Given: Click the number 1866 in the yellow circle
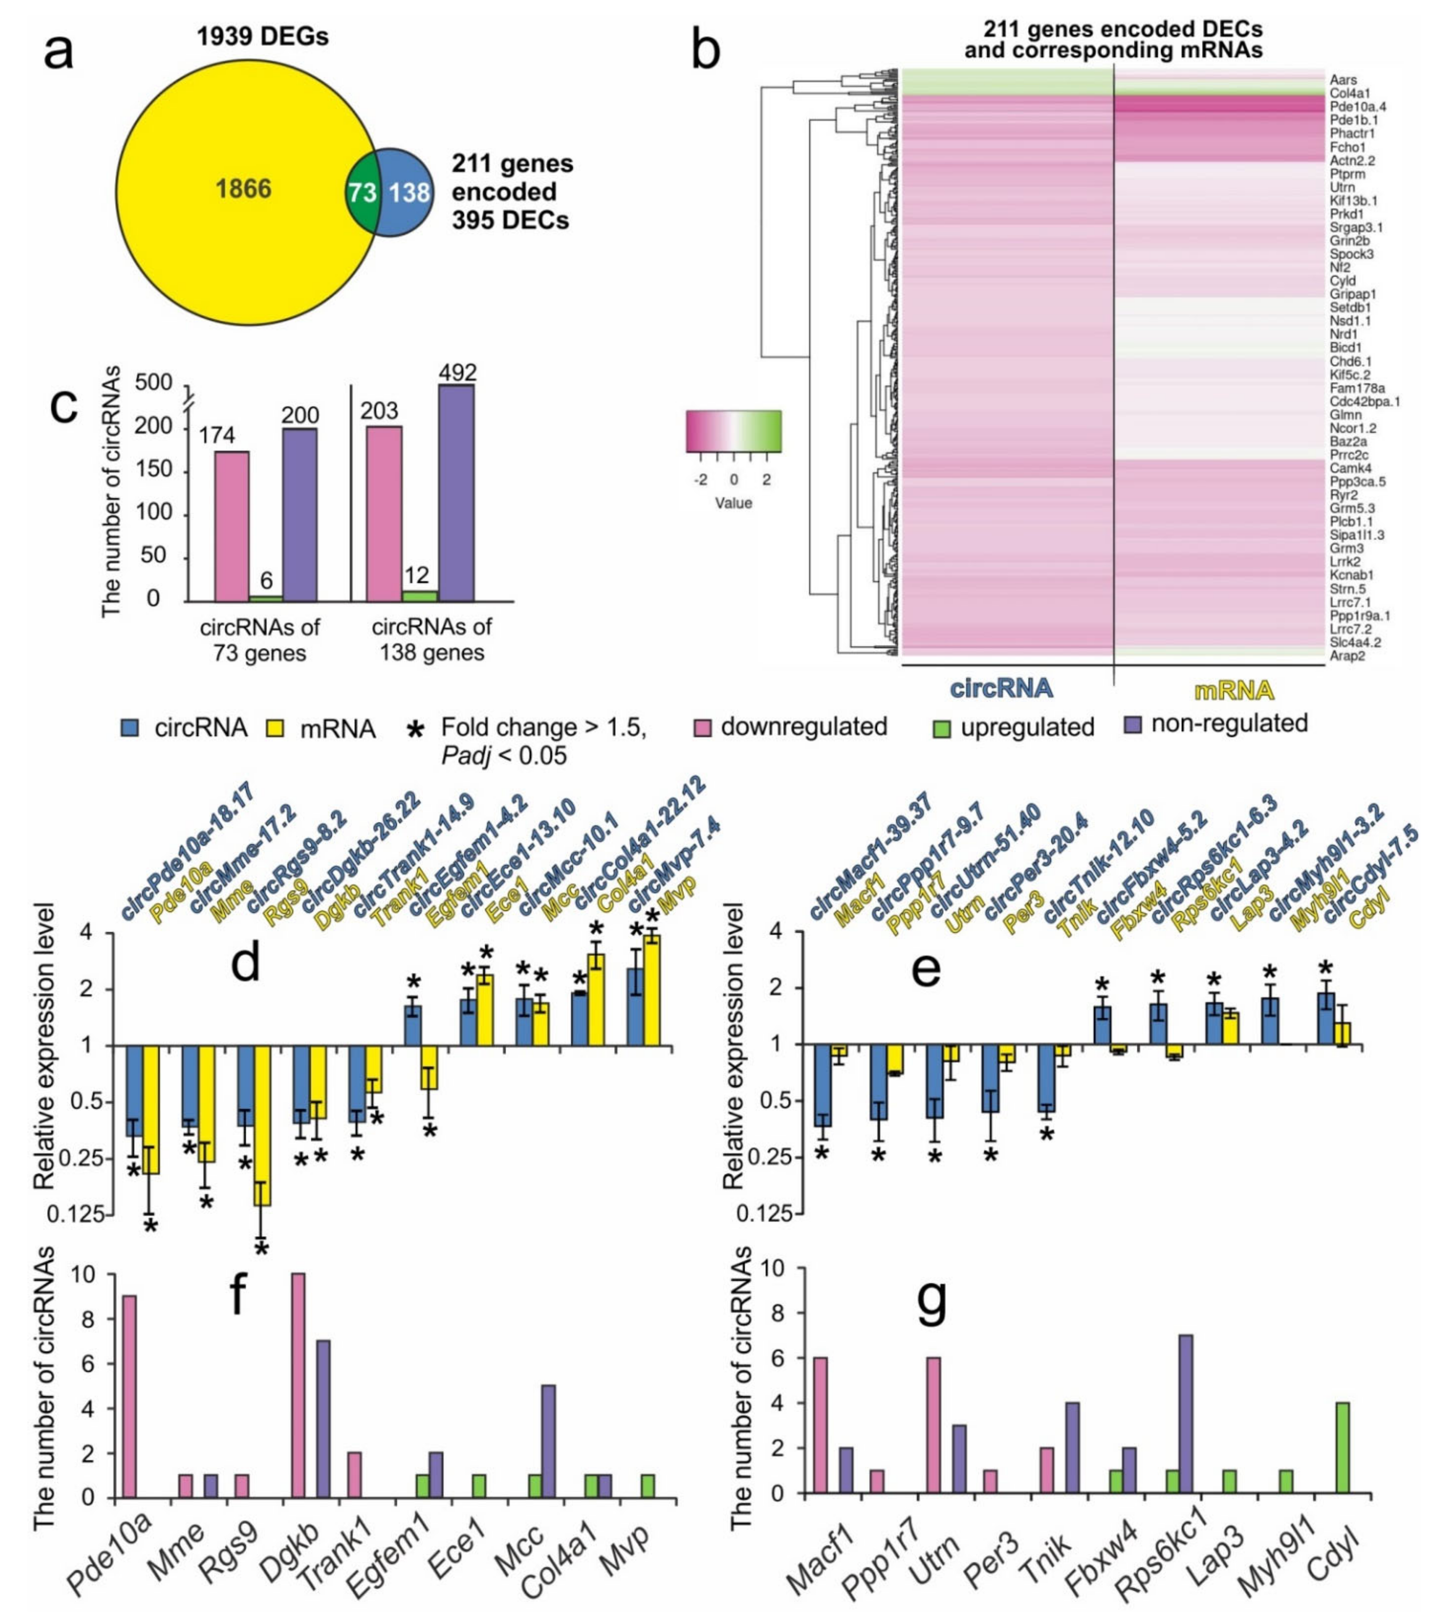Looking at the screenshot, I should [243, 189].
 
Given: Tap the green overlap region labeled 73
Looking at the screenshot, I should [360, 192].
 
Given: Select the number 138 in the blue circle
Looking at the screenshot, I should [409, 192].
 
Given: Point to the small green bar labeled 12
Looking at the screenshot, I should [419, 596].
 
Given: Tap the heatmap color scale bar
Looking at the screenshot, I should [734, 431].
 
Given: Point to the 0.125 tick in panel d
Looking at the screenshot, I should [77, 1214].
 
